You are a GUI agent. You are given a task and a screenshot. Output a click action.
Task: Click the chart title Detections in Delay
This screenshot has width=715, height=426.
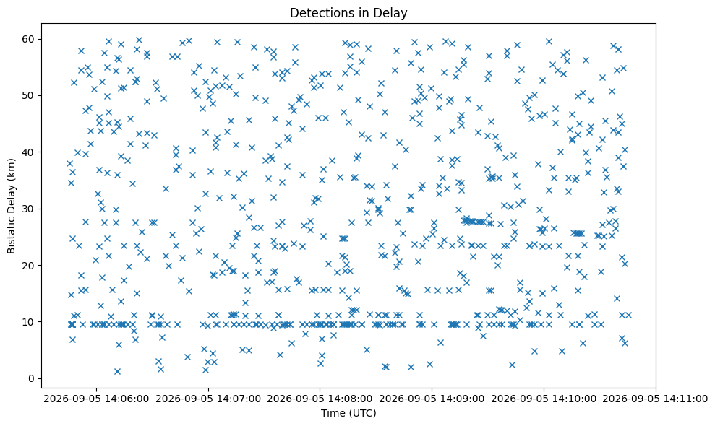pos(348,13)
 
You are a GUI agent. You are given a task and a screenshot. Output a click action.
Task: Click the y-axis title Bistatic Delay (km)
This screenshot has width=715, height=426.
pos(12,206)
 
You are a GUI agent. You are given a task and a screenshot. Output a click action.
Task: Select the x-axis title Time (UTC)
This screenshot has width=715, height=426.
pos(348,413)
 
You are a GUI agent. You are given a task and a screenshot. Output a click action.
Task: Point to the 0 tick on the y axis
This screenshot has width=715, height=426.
pos(32,378)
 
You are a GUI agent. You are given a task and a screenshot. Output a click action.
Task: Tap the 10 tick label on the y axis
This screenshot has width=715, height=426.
pos(29,322)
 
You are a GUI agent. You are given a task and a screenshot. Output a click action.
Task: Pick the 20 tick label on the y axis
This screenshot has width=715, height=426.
pos(29,266)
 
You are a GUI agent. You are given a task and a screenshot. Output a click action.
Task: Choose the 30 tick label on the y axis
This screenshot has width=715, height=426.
pos(29,209)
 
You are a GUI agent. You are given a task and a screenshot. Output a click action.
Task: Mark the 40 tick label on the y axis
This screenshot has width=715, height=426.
pos(29,152)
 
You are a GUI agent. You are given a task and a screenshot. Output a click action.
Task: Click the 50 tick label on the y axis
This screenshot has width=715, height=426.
pos(29,96)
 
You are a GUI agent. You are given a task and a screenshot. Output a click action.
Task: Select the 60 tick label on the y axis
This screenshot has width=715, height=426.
pos(29,39)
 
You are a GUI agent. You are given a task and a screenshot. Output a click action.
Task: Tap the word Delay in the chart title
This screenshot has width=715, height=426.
pos(394,13)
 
